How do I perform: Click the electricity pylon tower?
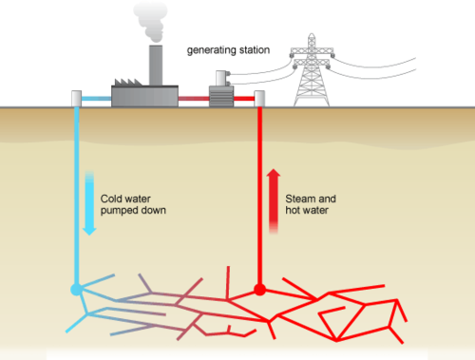(x=311, y=70)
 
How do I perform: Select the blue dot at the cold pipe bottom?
(x=76, y=288)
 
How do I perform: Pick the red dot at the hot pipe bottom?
(x=258, y=288)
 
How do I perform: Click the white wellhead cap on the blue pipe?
(x=76, y=98)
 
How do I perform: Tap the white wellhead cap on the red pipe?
(x=258, y=98)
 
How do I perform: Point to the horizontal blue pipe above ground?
(x=97, y=97)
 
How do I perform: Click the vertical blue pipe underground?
(x=76, y=190)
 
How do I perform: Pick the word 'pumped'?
(x=118, y=210)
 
